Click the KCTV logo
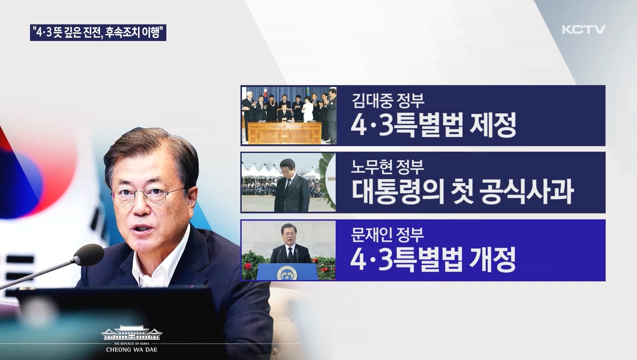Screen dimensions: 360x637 point(583,29)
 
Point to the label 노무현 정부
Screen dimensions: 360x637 point(387,167)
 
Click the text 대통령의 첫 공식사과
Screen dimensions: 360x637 point(462,192)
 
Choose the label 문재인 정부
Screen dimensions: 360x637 point(387,234)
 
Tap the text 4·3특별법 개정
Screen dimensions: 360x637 point(433,259)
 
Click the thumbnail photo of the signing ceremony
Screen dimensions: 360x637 point(289,115)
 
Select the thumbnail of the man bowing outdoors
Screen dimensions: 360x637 point(288,182)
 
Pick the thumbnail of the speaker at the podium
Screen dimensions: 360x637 point(288,250)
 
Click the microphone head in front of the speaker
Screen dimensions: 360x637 point(88,255)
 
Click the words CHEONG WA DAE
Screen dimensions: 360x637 point(131,349)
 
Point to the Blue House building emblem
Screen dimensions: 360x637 point(131,333)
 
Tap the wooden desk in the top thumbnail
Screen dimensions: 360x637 point(284,133)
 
